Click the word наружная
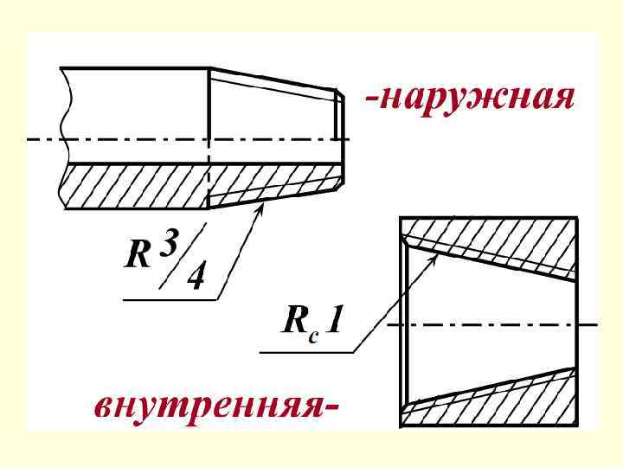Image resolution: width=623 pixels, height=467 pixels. [478, 97]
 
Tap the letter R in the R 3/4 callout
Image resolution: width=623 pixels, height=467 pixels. [138, 256]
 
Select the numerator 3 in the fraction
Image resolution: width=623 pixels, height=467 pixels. [169, 244]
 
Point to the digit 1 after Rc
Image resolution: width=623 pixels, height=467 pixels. [335, 321]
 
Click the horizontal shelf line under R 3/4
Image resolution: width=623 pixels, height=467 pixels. [169, 299]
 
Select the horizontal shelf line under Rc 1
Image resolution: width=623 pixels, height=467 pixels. [307, 352]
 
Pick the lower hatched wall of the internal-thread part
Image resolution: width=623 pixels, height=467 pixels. [502, 400]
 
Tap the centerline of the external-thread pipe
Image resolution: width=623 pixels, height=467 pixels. [173, 138]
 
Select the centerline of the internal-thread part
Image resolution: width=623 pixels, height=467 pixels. [493, 324]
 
